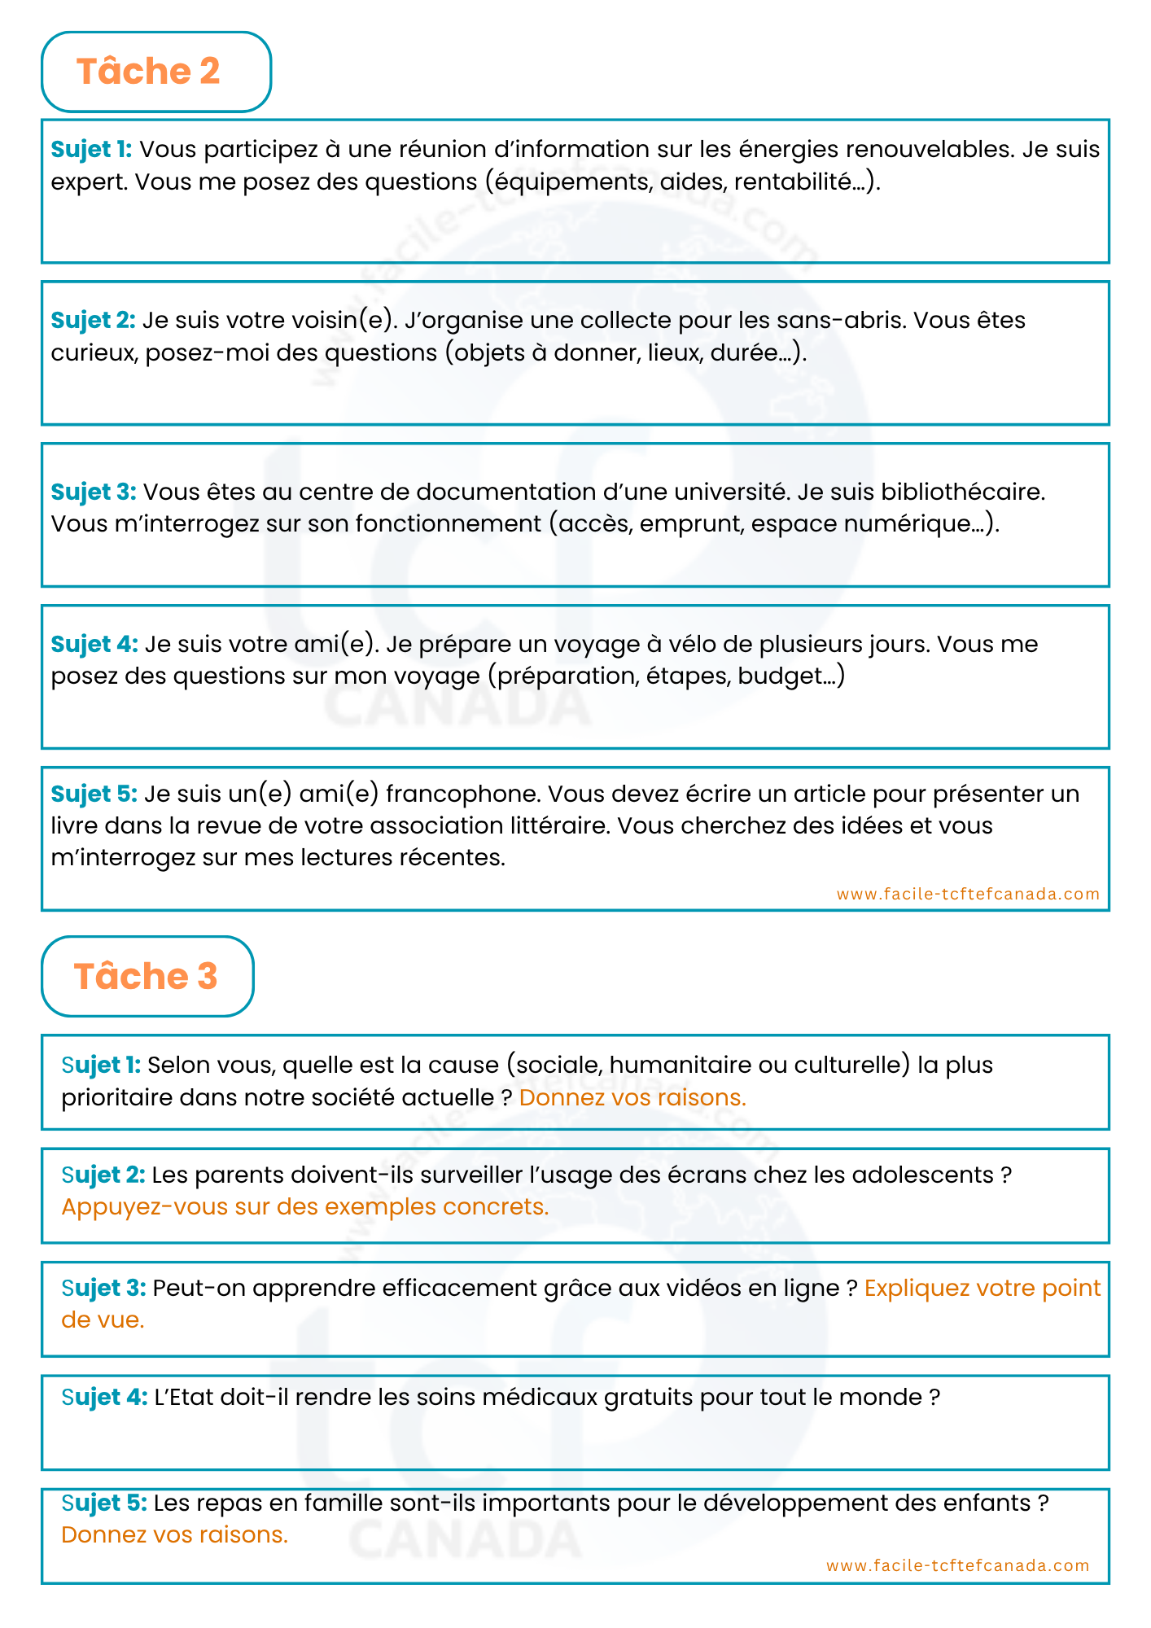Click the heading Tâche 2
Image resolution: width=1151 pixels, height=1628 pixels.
point(148,72)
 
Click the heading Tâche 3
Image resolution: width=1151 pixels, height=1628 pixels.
point(146,976)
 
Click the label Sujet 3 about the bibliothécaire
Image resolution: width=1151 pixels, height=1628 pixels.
point(93,492)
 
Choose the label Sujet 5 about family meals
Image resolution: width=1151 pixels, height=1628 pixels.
point(104,1503)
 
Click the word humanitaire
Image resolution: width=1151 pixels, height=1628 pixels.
point(680,1065)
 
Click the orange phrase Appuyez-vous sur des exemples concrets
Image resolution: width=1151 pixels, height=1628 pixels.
point(305,1206)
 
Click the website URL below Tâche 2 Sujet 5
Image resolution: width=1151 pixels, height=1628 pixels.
point(968,894)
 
